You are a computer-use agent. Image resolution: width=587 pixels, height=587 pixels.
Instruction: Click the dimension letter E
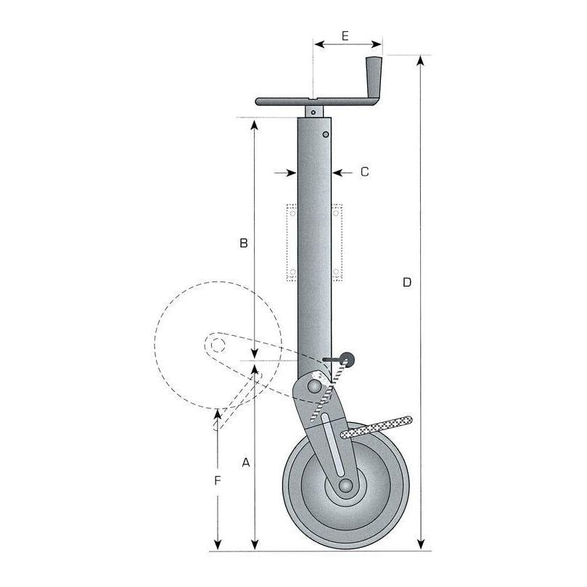click(x=345, y=36)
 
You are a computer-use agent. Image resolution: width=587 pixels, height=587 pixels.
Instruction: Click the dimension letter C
click(x=365, y=172)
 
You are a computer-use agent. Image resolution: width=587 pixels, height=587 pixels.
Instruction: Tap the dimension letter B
click(x=244, y=243)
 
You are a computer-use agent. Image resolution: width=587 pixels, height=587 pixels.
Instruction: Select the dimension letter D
click(x=407, y=282)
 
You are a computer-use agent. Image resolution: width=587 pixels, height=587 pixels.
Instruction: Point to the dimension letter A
click(x=245, y=463)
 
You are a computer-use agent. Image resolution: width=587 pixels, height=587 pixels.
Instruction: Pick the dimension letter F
click(x=218, y=480)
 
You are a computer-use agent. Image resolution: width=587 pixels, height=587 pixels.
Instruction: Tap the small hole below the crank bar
click(x=313, y=112)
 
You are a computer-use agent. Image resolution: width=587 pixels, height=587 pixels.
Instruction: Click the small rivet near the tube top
click(x=326, y=134)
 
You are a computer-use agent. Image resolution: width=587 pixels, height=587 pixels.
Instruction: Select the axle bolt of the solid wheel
click(x=345, y=485)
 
